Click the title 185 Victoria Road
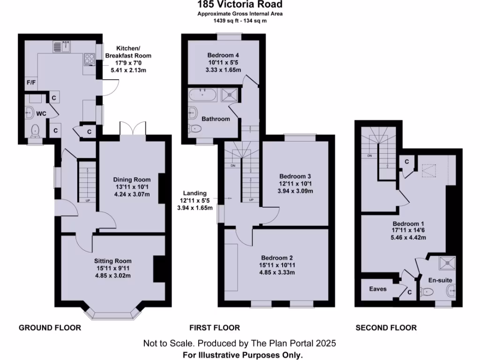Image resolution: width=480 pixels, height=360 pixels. [x=240, y=5]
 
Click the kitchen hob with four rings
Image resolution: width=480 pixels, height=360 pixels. [x=89, y=60]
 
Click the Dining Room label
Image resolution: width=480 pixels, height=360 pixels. [x=132, y=179]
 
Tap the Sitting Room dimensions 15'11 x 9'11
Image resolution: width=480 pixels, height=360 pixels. [x=112, y=268]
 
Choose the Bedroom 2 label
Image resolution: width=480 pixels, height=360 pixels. [x=277, y=258]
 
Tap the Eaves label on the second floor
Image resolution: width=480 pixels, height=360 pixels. [x=378, y=289]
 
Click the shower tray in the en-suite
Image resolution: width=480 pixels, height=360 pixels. [x=447, y=264]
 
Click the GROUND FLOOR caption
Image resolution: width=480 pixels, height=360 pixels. [x=50, y=328]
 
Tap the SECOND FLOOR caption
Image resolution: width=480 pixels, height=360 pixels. [x=386, y=328]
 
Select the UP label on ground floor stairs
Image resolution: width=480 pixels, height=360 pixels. [x=88, y=201]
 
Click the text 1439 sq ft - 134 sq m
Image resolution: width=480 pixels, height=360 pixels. [x=240, y=21]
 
